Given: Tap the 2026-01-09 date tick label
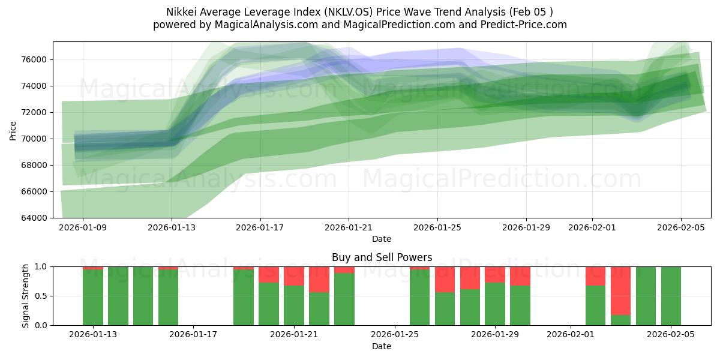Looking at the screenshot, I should [83, 228].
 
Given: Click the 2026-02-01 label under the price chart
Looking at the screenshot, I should [592, 228].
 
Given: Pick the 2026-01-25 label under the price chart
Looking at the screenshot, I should [437, 228].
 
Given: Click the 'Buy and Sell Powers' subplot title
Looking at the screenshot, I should [382, 257].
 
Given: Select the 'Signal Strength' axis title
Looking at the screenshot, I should [25, 296].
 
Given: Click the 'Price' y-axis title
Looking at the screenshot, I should [13, 130].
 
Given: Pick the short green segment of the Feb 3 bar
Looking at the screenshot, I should [620, 320].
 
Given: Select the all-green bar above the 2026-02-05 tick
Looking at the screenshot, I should [671, 296].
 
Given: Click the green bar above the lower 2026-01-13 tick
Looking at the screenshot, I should [93, 297].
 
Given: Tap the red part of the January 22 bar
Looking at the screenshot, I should [319, 279].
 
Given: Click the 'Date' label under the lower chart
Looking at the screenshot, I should [382, 346].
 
